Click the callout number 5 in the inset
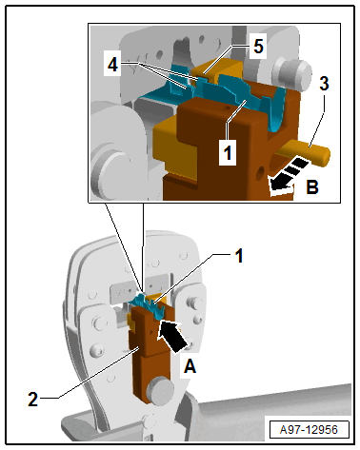258,47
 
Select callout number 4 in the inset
112,66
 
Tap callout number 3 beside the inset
324,84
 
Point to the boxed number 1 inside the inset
228,153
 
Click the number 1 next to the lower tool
239,256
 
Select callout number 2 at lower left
33,399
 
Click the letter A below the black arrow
190,366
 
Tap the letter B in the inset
312,186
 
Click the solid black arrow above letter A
171,337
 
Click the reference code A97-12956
309,430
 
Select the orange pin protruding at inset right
305,152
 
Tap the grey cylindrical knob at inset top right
290,74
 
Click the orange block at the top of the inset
217,68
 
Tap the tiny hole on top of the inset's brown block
226,108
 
